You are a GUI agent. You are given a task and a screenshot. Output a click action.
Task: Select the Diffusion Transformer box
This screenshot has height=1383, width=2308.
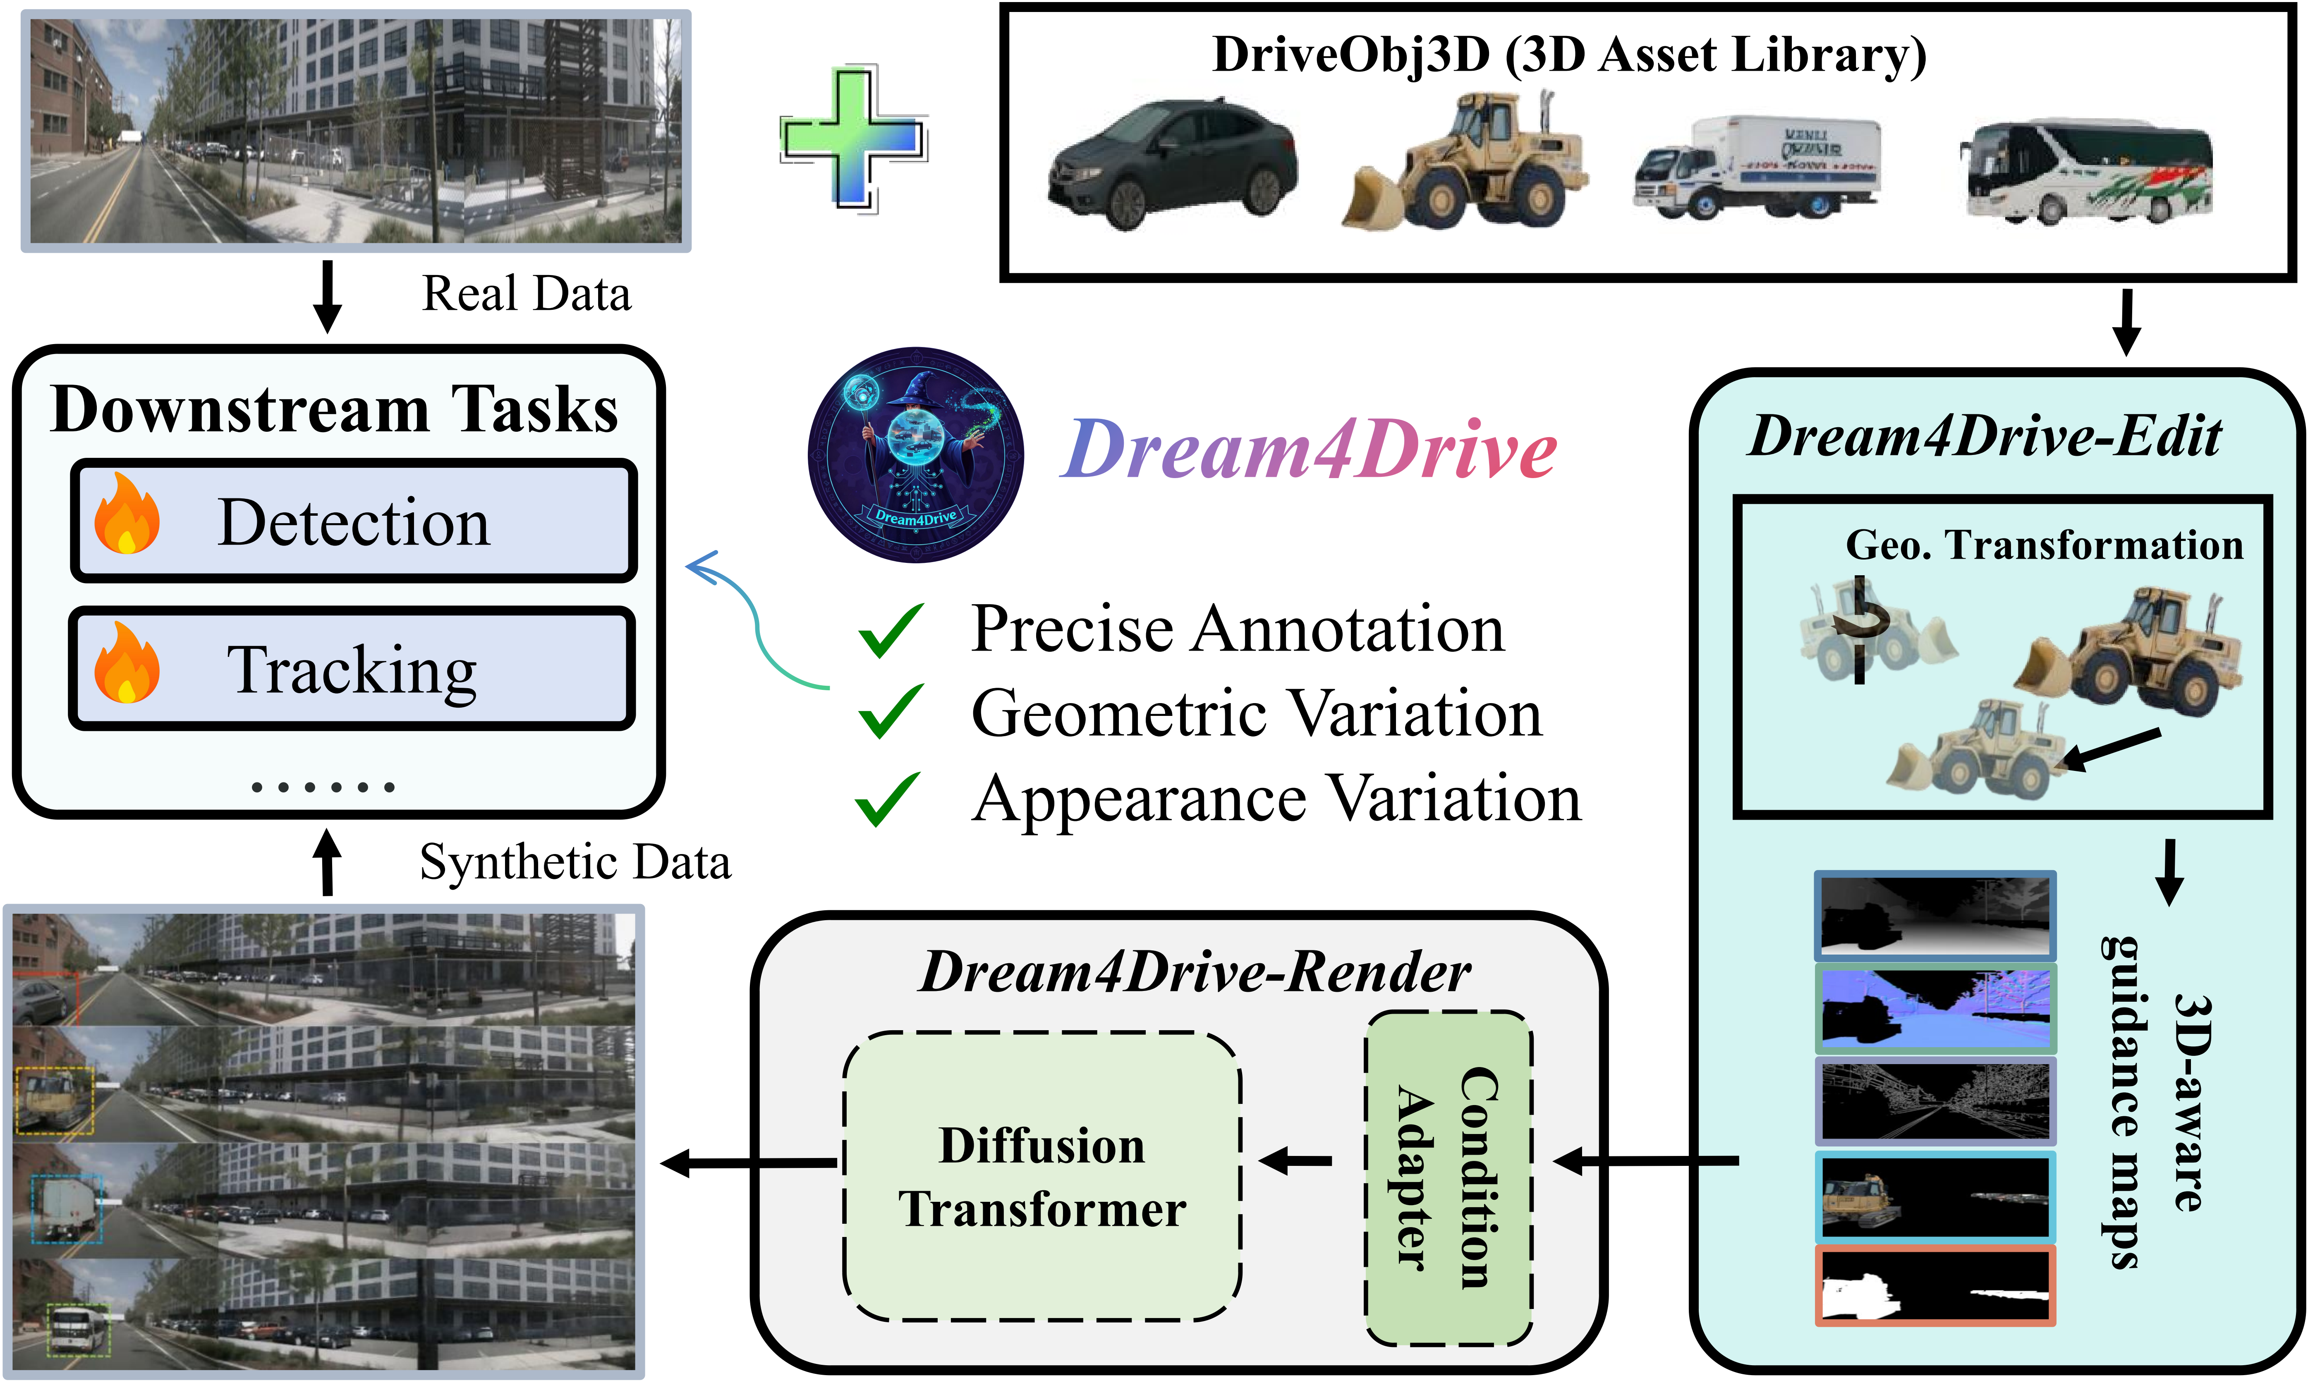tap(1041, 1176)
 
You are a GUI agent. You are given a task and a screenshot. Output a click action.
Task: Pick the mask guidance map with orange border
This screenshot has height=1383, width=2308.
tap(1935, 1285)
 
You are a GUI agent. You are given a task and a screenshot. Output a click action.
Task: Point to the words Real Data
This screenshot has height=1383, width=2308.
tap(527, 294)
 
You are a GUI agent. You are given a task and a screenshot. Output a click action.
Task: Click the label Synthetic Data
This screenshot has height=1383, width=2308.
tap(575, 862)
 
